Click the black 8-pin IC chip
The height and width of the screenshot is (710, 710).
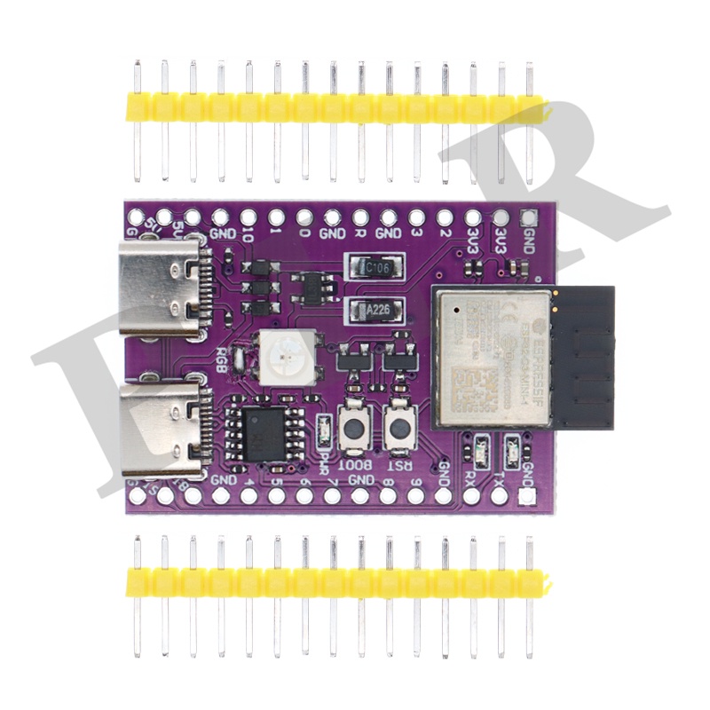pos(261,430)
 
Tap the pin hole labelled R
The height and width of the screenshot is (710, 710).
pos(360,217)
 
